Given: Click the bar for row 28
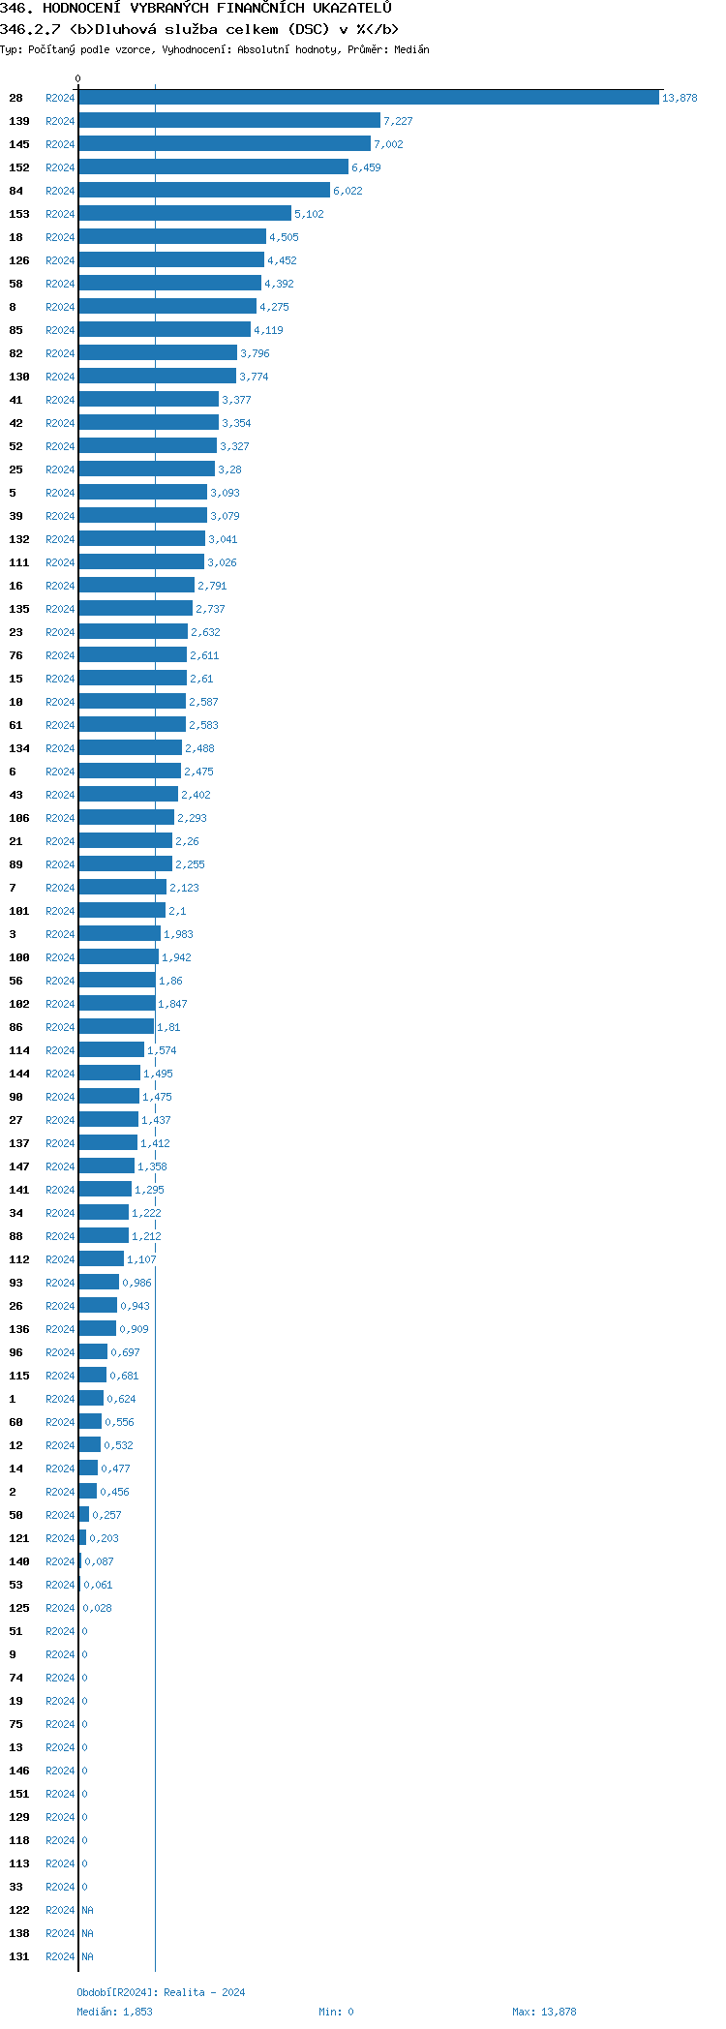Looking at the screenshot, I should click(368, 98).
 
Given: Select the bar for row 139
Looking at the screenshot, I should click(229, 121).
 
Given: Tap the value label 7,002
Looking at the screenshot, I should click(388, 144).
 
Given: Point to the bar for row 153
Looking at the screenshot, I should click(185, 214).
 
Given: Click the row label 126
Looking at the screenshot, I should click(19, 260).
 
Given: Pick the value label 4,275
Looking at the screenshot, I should click(274, 307).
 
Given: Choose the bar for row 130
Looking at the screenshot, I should click(157, 377).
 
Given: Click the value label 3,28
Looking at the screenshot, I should click(229, 469).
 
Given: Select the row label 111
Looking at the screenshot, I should click(19, 562).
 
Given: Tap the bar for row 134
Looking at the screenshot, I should click(131, 748).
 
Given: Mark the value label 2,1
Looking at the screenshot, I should click(177, 911).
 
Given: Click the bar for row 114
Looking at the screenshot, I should click(111, 1050).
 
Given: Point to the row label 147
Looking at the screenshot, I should click(19, 1166).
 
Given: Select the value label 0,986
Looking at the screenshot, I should click(136, 1283).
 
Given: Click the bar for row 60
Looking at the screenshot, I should click(90, 1422).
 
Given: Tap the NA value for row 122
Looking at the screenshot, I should click(87, 1910).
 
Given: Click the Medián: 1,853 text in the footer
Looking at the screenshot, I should click(114, 2012).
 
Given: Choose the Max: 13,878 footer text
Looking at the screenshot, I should click(544, 2012).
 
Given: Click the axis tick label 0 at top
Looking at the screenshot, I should click(78, 78).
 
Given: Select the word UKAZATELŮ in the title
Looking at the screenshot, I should click(352, 9).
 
